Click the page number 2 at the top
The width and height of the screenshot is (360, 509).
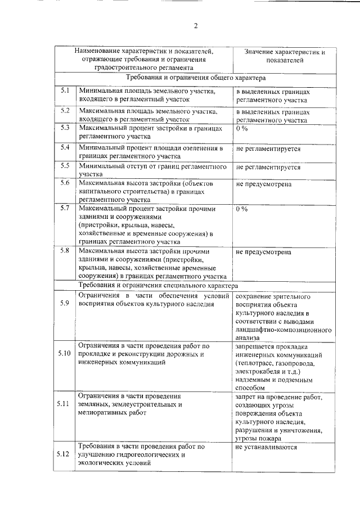(196, 25)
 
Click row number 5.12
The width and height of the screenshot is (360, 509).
(64, 454)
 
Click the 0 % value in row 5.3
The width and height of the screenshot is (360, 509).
(242, 128)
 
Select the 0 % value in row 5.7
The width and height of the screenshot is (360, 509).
(242, 209)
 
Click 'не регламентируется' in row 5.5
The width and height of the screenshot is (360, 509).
(268, 167)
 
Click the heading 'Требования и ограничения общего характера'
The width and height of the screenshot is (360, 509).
(196, 78)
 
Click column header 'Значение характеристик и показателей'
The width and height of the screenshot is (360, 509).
(285, 55)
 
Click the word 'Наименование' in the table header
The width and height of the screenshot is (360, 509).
(99, 51)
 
